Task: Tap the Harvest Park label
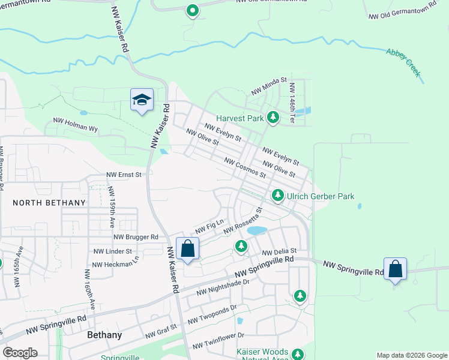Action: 240,118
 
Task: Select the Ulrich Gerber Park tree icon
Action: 277,195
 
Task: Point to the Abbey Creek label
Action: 404,62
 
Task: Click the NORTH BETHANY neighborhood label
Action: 49,203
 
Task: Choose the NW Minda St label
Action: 270,84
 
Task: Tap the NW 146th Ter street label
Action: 291,103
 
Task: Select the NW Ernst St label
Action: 124,175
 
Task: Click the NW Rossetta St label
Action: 243,220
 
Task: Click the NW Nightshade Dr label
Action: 223,287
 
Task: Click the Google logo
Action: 20,353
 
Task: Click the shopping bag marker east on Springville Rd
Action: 396,268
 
